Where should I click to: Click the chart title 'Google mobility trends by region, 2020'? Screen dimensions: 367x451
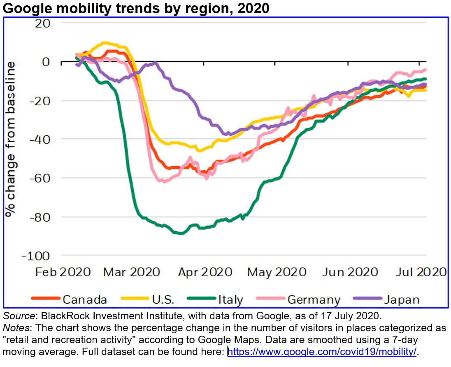136,8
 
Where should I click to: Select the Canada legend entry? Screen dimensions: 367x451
85,299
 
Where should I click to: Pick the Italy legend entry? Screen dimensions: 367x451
230,299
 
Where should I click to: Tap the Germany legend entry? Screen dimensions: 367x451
314,299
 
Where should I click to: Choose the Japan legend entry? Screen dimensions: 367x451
401,299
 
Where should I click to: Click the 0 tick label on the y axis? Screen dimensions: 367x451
46,62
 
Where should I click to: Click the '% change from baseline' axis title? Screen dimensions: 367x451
11,139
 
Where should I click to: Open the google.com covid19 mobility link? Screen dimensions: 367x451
322,352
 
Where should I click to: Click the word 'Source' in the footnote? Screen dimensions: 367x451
14,317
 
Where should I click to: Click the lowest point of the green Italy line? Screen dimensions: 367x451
180,233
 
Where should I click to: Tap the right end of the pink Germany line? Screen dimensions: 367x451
425,70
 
